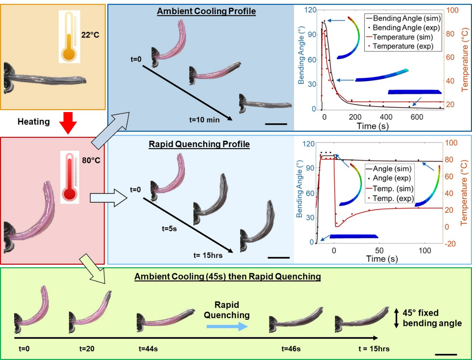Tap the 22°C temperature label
[x=90, y=36]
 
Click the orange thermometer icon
[x=69, y=37]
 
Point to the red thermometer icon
[x=70, y=177]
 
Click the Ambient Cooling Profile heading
[x=206, y=11]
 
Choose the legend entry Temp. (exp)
[x=396, y=199]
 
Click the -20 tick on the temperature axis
[x=456, y=244]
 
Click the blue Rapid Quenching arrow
[x=227, y=326]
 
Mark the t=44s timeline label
[x=148, y=349]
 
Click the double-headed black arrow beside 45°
[x=396, y=319]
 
